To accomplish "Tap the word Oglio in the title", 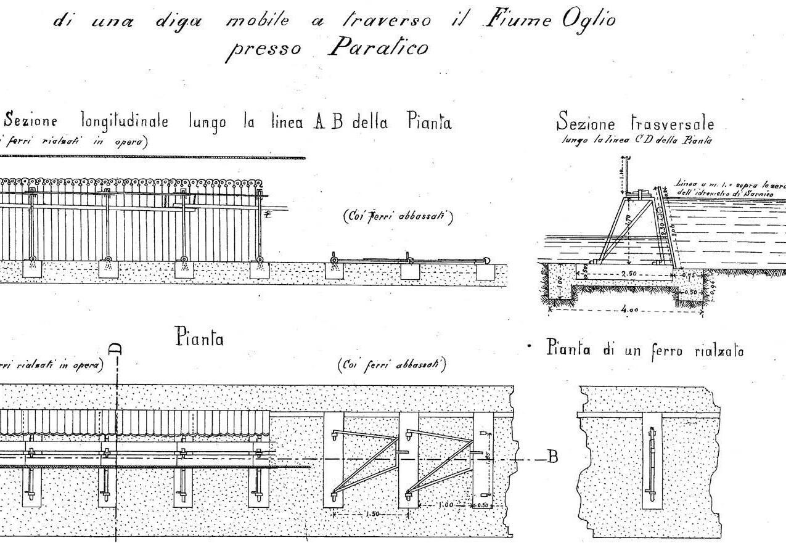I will tap(589, 20).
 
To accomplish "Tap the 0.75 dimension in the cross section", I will tap(689, 275).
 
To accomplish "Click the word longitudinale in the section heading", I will tap(129, 122).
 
